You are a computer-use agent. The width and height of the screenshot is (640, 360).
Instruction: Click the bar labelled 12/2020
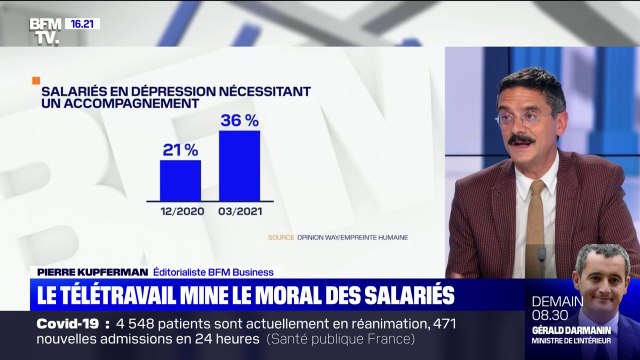pos(180,179)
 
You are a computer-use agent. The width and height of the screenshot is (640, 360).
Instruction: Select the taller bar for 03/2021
pos(239,165)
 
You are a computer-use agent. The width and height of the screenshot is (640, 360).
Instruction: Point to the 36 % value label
pos(240,120)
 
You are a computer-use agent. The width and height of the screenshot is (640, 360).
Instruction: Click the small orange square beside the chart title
pos(36,80)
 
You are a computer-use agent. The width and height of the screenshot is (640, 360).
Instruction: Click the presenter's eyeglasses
pos(519,116)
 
